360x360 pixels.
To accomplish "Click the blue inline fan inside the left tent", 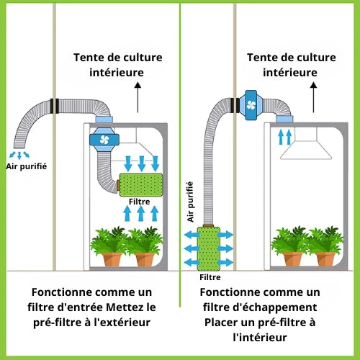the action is (x=104, y=140).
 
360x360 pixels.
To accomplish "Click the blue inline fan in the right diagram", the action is (x=251, y=105).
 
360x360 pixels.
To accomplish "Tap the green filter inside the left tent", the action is (x=141, y=185).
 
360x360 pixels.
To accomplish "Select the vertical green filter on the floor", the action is (x=209, y=248).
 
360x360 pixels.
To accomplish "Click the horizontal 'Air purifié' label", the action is (x=27, y=166).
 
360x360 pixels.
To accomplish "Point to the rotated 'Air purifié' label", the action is (x=190, y=202).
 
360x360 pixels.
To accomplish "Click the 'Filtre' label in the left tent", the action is (x=139, y=202).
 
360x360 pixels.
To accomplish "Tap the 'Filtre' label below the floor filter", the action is (x=210, y=277).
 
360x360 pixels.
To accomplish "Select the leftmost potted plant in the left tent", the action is (x=110, y=246).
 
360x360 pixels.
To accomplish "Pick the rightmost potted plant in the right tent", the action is (x=325, y=246).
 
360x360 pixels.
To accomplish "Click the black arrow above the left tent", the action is (x=138, y=97).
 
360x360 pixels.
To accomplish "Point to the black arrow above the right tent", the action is (x=313, y=97).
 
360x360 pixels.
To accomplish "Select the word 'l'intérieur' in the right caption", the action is (x=260, y=338).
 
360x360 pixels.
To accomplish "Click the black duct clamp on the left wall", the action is (x=55, y=106).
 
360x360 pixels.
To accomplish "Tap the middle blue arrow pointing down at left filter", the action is (x=141, y=163).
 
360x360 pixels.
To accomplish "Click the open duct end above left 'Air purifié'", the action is (x=19, y=145).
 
